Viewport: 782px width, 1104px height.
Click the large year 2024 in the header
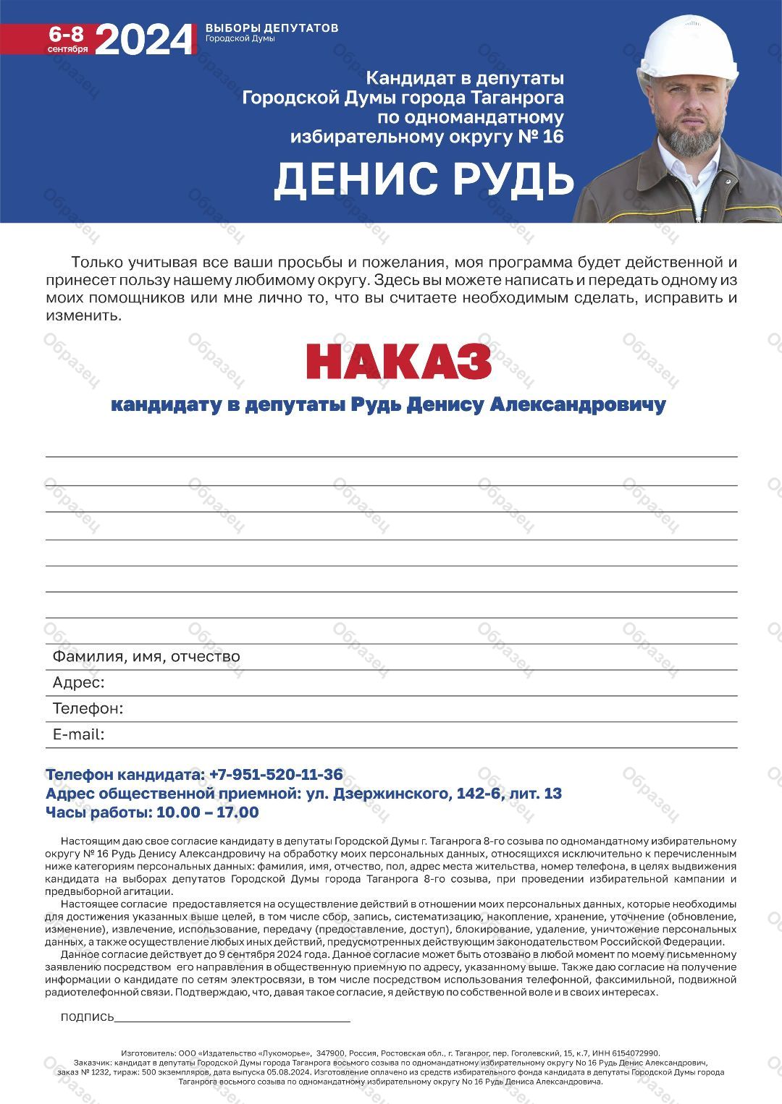(x=145, y=39)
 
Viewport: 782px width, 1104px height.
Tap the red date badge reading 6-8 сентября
(x=67, y=39)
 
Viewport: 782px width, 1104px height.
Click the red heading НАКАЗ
(x=398, y=361)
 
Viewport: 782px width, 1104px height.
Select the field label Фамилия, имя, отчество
(x=146, y=656)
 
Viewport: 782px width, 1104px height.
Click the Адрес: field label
(x=78, y=682)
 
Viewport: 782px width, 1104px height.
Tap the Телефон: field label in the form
(x=88, y=708)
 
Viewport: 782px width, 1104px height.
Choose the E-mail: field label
(x=78, y=734)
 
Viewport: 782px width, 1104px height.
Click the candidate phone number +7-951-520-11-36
(x=276, y=774)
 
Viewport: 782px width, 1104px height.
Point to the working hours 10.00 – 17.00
(x=207, y=812)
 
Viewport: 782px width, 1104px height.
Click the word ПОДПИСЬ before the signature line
(x=88, y=1017)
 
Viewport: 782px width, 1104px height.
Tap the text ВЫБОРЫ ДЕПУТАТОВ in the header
(x=272, y=28)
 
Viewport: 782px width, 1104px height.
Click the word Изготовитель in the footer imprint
(x=148, y=1053)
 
